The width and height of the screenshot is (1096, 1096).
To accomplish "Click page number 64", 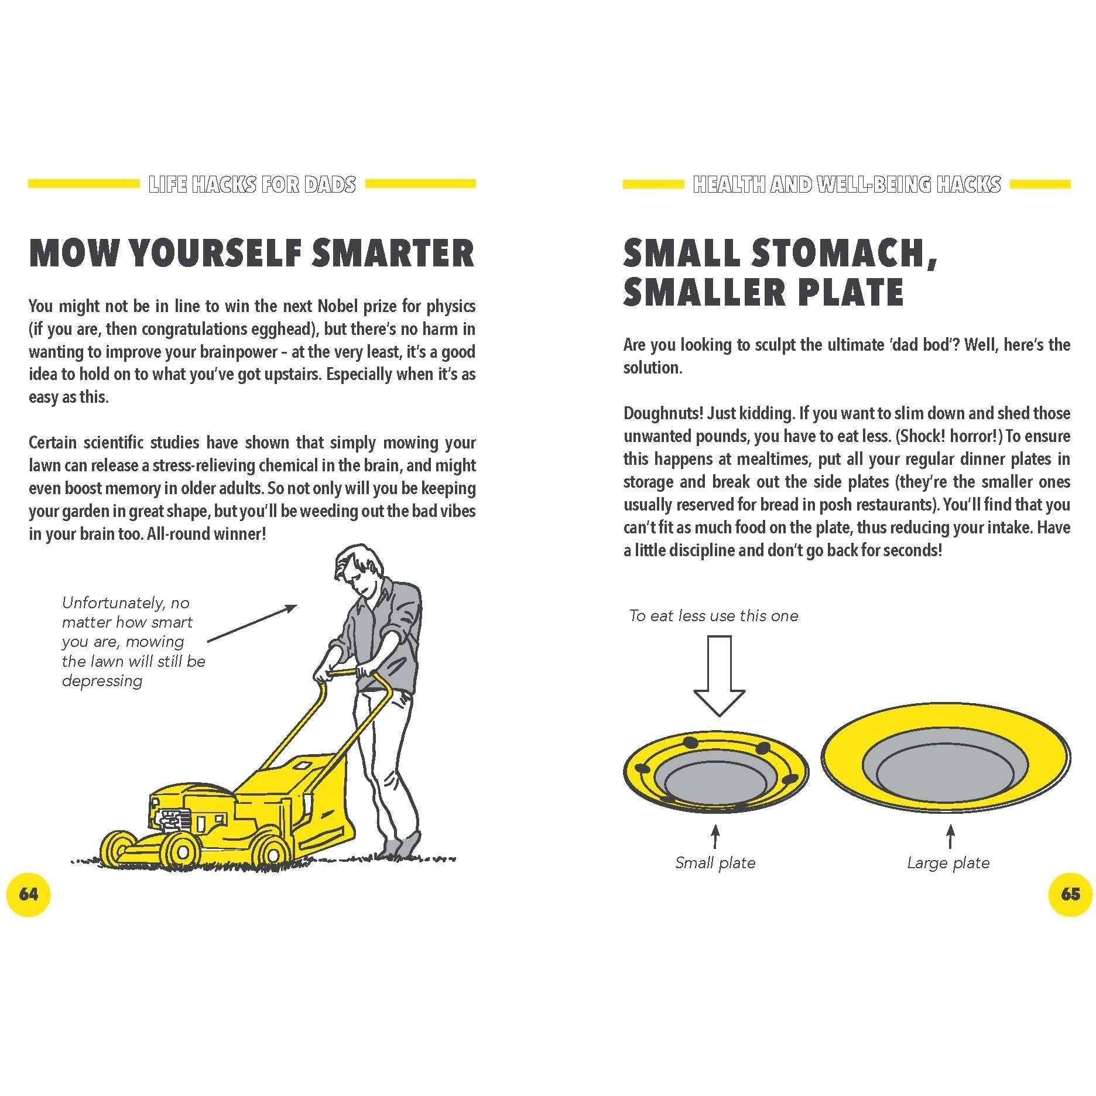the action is [x=28, y=894].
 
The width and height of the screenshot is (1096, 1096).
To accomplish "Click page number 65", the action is [x=1070, y=894].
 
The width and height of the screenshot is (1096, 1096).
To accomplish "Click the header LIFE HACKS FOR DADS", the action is [x=252, y=184].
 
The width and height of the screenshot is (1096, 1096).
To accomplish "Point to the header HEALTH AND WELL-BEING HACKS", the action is [x=847, y=184].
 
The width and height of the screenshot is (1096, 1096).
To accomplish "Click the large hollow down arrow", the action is [x=718, y=676].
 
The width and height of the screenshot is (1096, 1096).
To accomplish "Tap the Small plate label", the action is [x=715, y=862].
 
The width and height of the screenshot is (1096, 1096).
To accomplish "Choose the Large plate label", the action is [x=948, y=862].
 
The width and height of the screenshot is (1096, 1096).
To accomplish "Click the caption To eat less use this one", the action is [x=714, y=615].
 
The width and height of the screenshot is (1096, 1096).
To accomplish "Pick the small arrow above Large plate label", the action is [x=950, y=837].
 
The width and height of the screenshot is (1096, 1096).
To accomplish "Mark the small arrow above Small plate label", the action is [x=715, y=837].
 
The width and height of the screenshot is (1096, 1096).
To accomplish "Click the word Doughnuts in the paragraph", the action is [x=663, y=413].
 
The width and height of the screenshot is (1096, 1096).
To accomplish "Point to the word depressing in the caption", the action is [x=102, y=681].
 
